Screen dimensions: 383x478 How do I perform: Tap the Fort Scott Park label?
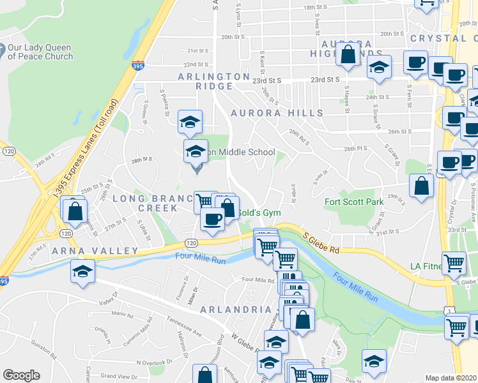[353, 202]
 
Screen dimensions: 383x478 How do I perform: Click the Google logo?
[21, 375]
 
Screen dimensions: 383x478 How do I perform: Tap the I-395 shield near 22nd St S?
[138, 65]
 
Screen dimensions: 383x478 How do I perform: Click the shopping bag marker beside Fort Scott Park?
[421, 186]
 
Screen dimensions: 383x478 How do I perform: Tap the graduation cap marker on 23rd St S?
[379, 67]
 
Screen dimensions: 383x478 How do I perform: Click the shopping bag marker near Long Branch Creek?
[75, 211]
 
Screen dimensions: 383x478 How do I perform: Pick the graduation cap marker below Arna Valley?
[82, 271]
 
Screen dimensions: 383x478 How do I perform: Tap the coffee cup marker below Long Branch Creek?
[212, 218]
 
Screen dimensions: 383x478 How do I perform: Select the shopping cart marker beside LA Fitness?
[454, 262]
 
